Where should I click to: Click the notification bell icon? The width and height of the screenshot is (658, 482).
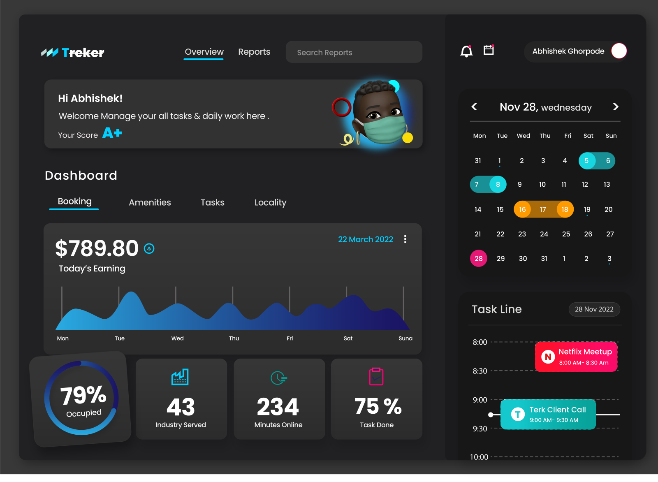click(466, 51)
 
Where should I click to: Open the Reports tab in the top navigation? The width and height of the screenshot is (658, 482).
click(254, 52)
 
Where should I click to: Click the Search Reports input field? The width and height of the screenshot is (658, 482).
click(354, 52)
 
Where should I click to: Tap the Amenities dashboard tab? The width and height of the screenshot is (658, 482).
click(150, 202)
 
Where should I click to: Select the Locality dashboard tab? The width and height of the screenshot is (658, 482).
click(270, 202)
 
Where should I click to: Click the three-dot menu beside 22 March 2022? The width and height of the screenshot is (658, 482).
click(405, 239)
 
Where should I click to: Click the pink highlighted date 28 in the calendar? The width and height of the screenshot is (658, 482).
click(478, 259)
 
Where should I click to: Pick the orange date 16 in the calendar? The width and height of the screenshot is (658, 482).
click(522, 209)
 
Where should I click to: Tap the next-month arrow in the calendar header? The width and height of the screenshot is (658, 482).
click(616, 107)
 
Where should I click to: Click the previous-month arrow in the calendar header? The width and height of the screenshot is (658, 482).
click(474, 107)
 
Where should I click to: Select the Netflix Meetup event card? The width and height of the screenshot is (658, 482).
click(576, 357)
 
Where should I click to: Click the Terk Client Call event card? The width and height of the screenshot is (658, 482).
click(548, 414)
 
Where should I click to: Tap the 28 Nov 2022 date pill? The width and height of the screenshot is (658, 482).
click(594, 309)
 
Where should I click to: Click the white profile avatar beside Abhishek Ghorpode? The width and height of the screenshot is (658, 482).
click(619, 51)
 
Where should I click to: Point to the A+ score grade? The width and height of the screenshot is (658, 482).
click(112, 133)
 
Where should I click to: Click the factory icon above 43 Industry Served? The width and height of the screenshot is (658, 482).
click(180, 377)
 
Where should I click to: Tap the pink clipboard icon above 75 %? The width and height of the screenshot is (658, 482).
click(376, 377)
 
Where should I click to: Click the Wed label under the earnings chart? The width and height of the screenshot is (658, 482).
click(177, 338)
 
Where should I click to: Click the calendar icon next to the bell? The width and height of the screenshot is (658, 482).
click(489, 50)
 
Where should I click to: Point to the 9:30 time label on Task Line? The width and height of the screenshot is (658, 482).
click(480, 429)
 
